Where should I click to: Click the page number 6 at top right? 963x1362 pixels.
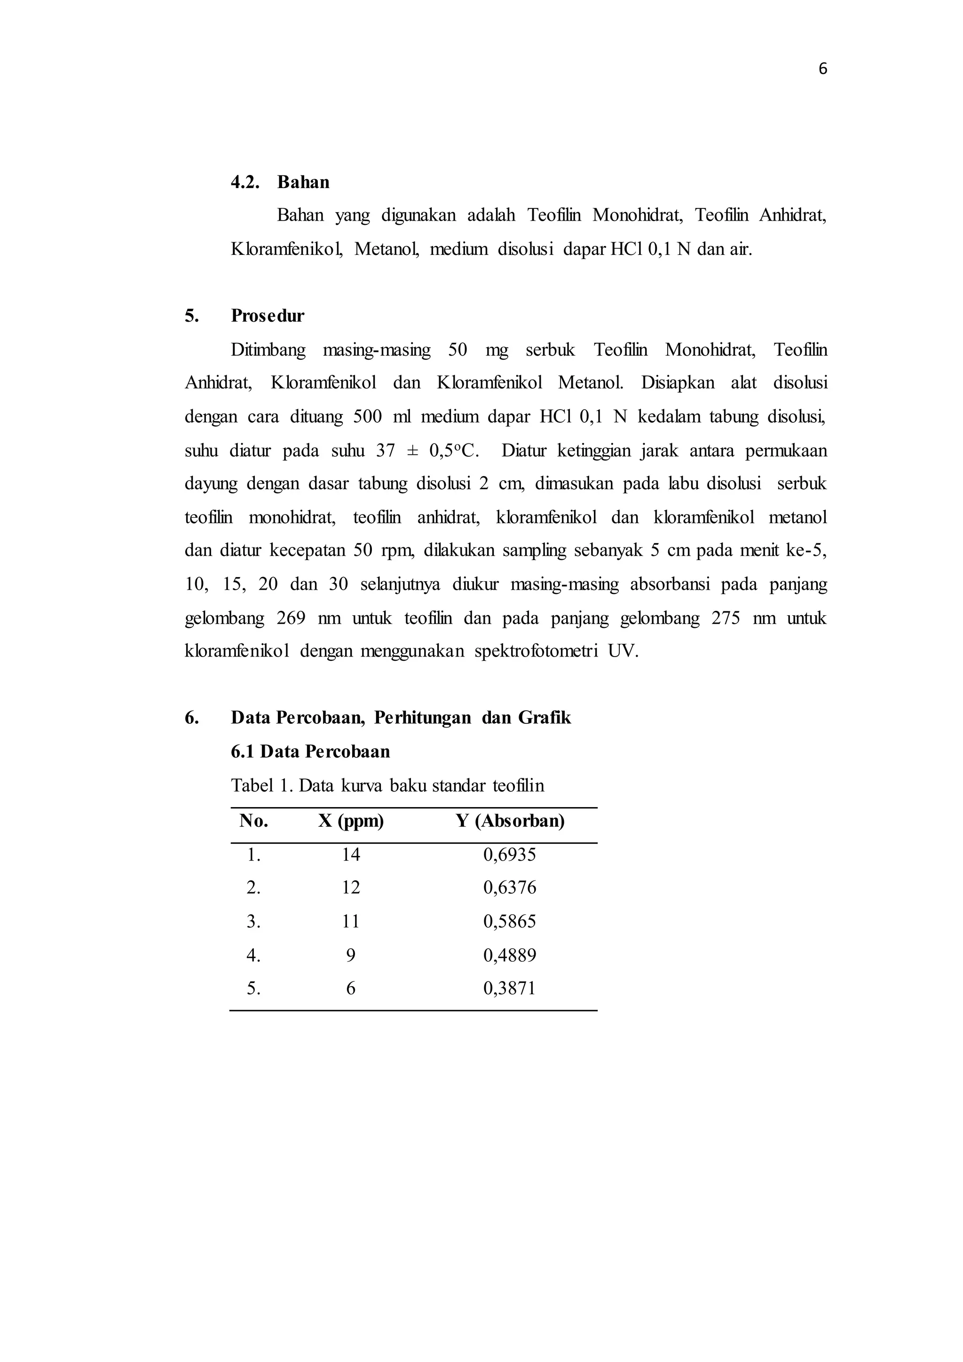[822, 70]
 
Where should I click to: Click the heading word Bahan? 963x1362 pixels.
[303, 182]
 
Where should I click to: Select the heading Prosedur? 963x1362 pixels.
[268, 316]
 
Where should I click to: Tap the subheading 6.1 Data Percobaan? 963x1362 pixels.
[310, 752]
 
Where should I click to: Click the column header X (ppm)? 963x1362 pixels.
[350, 821]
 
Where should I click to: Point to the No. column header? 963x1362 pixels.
[254, 821]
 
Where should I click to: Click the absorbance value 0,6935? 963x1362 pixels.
[509, 855]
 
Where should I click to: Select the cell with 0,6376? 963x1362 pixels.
[509, 888]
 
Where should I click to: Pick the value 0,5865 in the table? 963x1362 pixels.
[509, 921]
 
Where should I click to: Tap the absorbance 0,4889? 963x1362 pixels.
[509, 955]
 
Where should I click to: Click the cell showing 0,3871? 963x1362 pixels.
[509, 988]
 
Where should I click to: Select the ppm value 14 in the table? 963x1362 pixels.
[350, 855]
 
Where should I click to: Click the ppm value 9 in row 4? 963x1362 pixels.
[350, 955]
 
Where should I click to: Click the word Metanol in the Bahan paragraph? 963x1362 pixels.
[386, 249]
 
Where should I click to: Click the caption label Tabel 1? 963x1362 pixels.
[261, 786]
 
